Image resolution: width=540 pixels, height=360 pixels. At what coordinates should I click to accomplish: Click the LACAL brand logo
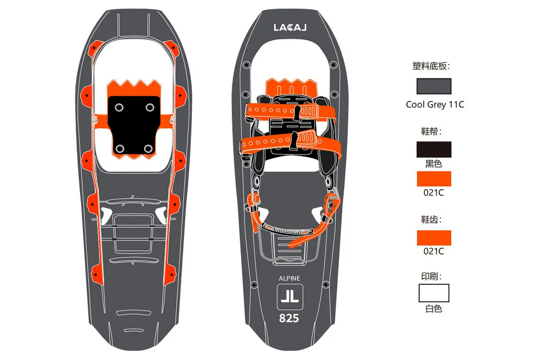pyautogui.click(x=290, y=27)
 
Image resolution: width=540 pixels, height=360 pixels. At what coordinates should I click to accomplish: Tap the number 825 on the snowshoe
pyautogui.click(x=289, y=318)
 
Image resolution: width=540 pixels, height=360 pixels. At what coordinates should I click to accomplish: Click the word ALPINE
pyautogui.click(x=289, y=279)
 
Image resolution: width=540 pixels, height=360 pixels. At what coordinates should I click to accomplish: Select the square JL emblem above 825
pyautogui.click(x=290, y=297)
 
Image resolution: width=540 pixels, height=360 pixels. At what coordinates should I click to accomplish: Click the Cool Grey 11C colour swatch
pyautogui.click(x=434, y=86)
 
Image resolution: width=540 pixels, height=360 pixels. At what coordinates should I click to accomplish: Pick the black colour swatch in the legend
pyautogui.click(x=434, y=149)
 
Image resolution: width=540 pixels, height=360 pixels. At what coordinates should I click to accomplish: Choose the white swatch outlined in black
pyautogui.click(x=434, y=293)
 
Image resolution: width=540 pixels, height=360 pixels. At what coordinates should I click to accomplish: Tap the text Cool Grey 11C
pyautogui.click(x=435, y=105)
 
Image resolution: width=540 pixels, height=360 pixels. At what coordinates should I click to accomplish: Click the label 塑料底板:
pyautogui.click(x=431, y=66)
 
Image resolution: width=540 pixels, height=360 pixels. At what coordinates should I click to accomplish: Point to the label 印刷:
pyautogui.click(x=431, y=276)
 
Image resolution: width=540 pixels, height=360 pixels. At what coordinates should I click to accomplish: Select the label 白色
pyautogui.click(x=434, y=309)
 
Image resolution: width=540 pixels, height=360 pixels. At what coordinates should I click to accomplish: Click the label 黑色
pyautogui.click(x=434, y=164)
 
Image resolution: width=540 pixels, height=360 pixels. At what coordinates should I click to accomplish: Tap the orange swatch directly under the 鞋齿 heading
pyautogui.click(x=434, y=238)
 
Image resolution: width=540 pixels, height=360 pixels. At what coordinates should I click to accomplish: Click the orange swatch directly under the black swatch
pyautogui.click(x=434, y=179)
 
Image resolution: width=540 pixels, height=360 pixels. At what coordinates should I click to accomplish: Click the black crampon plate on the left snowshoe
pyautogui.click(x=134, y=125)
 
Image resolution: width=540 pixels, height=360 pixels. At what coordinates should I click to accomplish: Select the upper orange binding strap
pyautogui.click(x=291, y=112)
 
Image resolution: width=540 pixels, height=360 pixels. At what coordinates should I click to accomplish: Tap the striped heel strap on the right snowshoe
pyautogui.click(x=288, y=229)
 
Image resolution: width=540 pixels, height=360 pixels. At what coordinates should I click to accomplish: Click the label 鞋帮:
pyautogui.click(x=431, y=131)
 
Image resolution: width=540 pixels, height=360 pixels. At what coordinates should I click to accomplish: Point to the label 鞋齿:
pyautogui.click(x=431, y=220)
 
